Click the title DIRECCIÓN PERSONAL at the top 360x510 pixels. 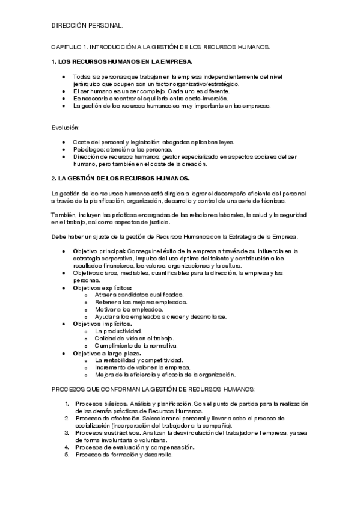point(88,26)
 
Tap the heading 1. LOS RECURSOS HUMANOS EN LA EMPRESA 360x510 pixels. point(123,61)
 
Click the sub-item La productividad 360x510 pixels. point(118,331)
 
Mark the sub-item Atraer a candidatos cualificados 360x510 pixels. point(139,295)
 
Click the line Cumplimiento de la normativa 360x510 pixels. point(136,346)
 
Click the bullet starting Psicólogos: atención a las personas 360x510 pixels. point(121,149)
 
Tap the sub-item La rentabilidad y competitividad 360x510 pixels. point(139,360)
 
